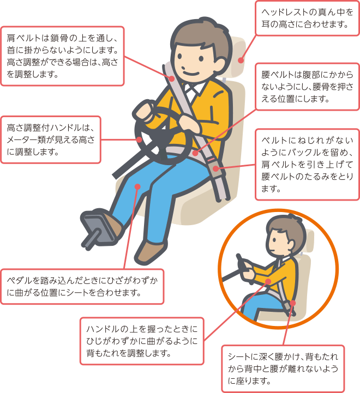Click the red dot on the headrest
[x=241, y=61]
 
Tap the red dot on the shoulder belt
[x=172, y=78]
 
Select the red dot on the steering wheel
[x=139, y=140]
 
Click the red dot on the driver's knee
[x=137, y=187]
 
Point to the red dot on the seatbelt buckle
[x=215, y=168]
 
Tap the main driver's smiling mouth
[x=191, y=74]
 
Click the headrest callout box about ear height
[x=307, y=19]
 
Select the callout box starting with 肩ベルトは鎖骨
[x=63, y=56]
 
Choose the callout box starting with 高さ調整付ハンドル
[x=51, y=140]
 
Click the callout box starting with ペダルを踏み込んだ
[x=82, y=287]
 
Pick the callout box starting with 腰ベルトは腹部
[x=307, y=87]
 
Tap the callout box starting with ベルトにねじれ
[x=307, y=165]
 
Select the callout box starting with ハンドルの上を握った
[x=142, y=341]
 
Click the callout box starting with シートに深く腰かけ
[x=283, y=368]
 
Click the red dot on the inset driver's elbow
[x=268, y=281]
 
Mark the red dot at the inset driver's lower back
[x=292, y=303]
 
